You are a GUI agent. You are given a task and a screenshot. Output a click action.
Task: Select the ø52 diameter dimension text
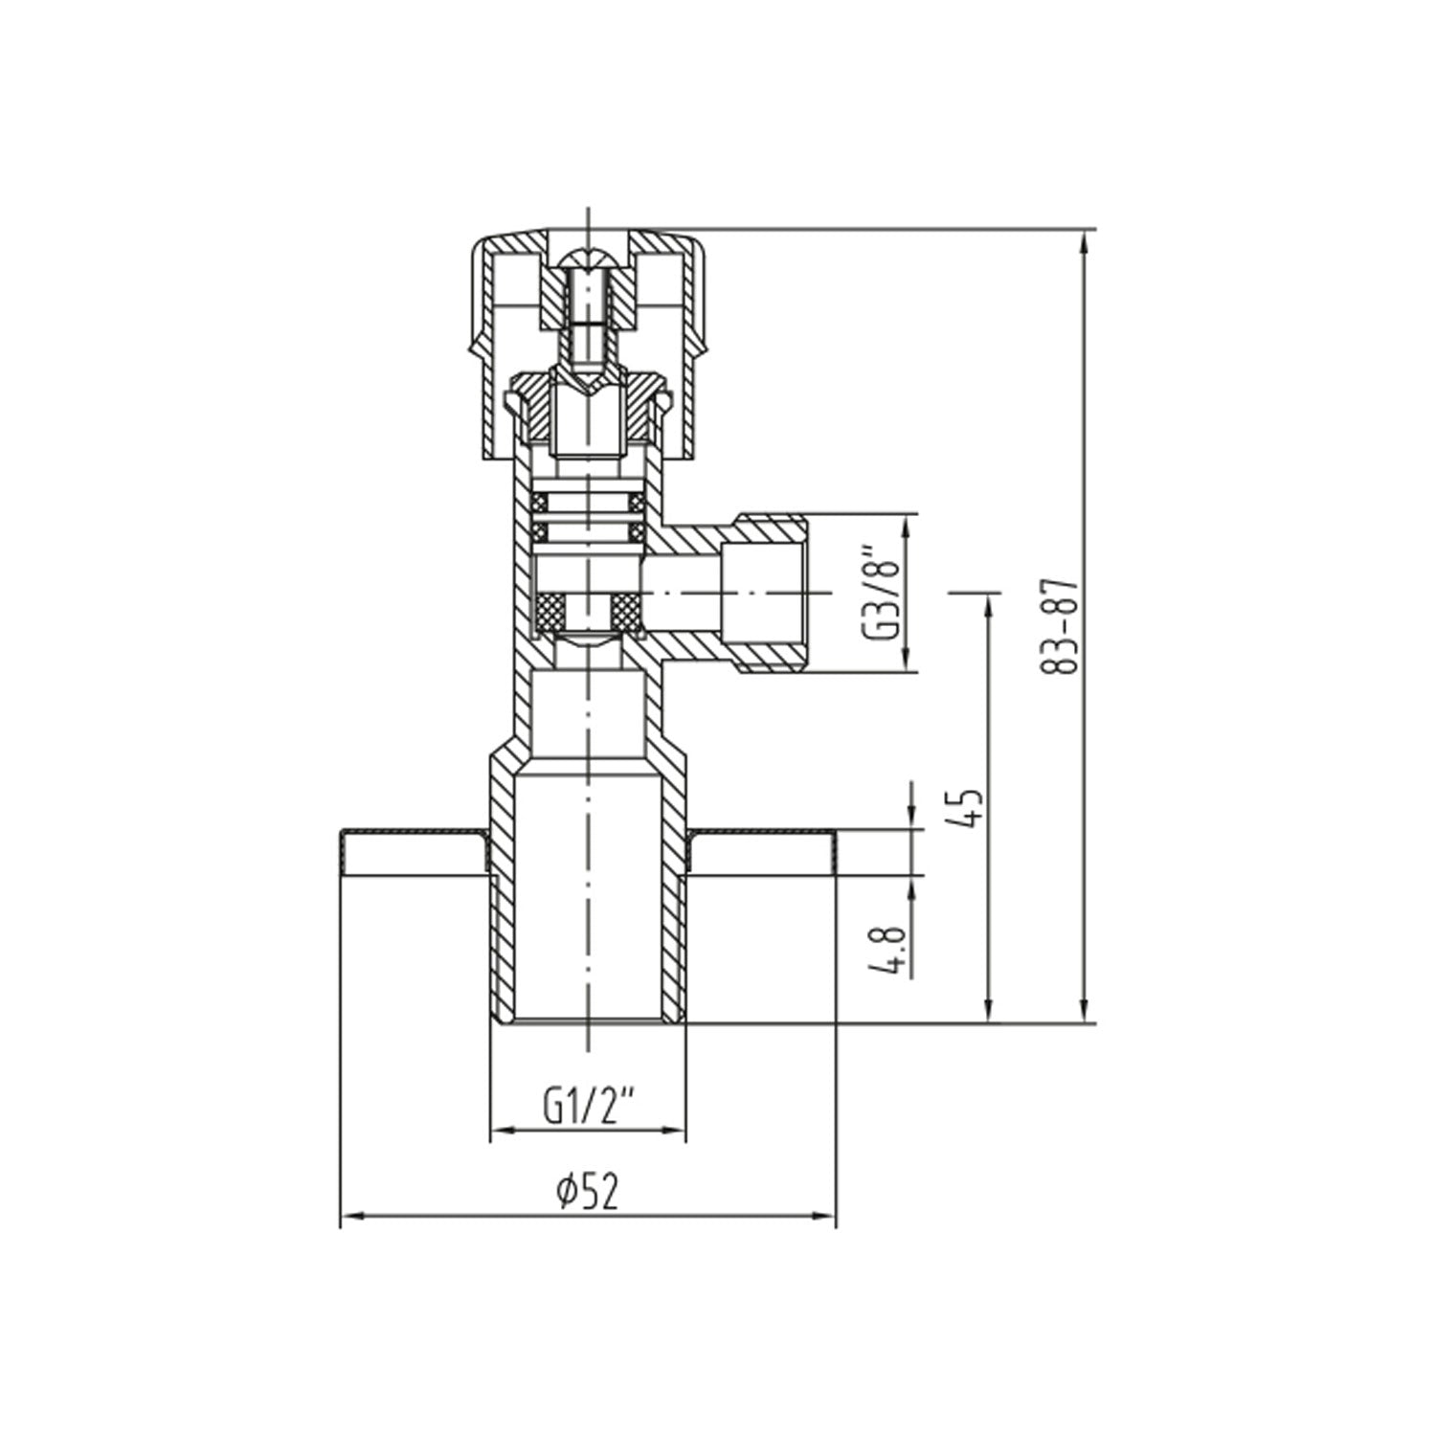587,1192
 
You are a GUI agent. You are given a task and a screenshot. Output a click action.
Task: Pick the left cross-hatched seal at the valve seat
550,607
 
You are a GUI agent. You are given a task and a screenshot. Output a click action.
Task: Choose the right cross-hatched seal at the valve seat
626,607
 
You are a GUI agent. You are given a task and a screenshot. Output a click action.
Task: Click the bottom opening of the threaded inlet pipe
587,1021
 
